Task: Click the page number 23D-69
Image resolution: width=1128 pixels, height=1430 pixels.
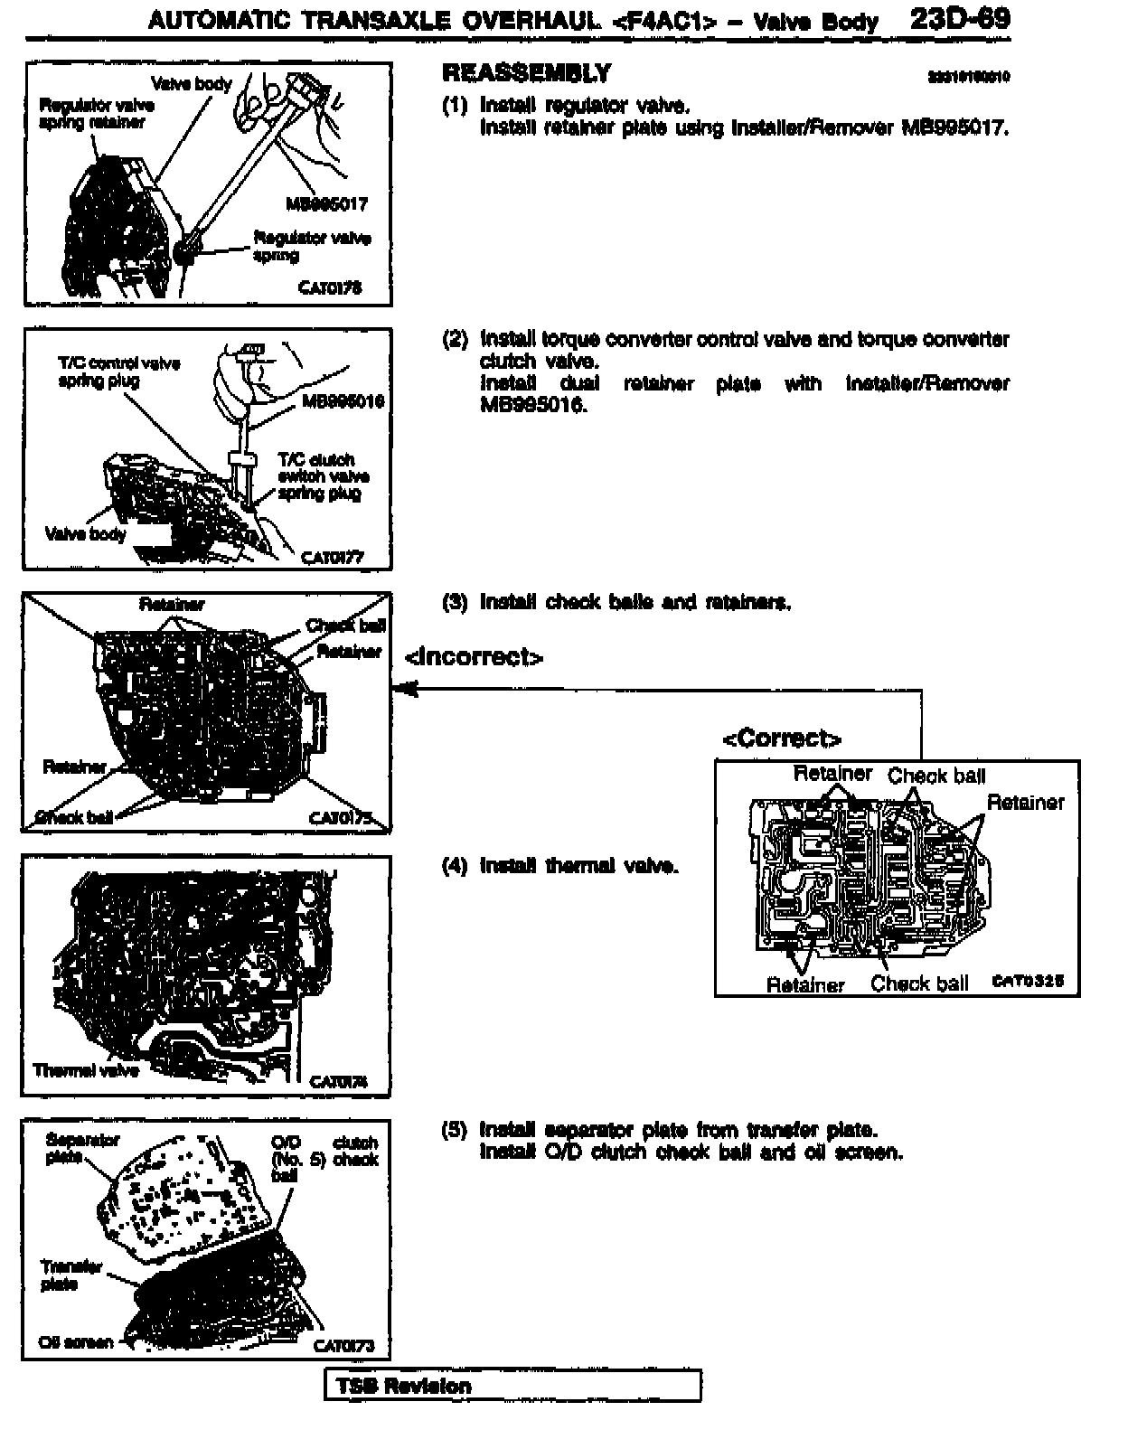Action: tap(960, 20)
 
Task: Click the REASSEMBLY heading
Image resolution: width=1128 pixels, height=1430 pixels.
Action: tap(527, 73)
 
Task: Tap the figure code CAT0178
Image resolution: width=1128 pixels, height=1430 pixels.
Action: tap(330, 287)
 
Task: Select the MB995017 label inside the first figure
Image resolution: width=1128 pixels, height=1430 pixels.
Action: tap(326, 204)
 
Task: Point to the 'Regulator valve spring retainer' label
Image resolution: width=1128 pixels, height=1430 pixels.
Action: tap(97, 114)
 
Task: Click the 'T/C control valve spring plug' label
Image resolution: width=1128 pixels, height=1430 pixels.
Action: tap(118, 372)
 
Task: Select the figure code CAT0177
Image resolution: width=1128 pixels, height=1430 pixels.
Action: tap(332, 557)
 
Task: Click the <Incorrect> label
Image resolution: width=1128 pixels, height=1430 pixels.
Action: tap(475, 657)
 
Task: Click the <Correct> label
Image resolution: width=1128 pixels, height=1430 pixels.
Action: tap(782, 739)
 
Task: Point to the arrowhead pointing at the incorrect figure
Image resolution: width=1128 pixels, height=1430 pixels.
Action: tap(403, 691)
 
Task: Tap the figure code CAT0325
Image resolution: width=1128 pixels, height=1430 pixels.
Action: tap(1028, 981)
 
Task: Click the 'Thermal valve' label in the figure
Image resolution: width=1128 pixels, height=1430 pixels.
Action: tap(86, 1071)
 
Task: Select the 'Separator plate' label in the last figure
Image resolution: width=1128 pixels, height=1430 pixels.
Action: tap(81, 1148)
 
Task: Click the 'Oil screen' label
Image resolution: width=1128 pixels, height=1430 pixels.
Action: tap(76, 1342)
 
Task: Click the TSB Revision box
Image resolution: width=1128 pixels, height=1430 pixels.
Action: tap(512, 1386)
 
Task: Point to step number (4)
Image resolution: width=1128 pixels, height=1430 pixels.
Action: tap(455, 866)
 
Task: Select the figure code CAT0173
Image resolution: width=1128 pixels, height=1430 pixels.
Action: tap(343, 1346)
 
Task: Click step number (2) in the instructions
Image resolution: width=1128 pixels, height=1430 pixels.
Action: tap(455, 340)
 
